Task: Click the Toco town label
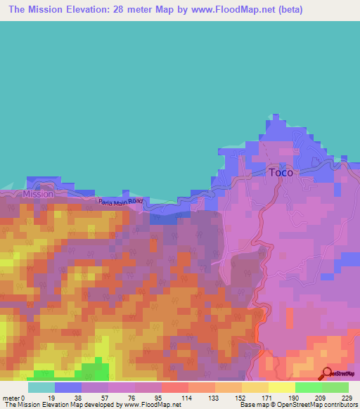tap(281, 172)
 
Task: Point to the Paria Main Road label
tap(120, 202)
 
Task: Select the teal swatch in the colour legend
tap(41, 387)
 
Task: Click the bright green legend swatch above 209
tap(309, 387)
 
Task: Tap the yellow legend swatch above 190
tap(282, 387)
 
